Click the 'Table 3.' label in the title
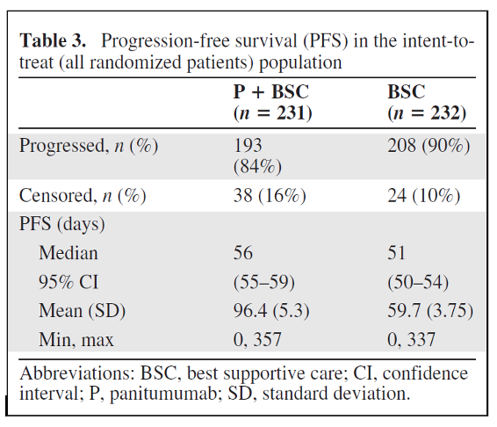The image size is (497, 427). tap(54, 41)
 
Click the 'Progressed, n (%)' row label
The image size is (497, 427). tap(89, 146)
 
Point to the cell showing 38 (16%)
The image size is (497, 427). tap(269, 195)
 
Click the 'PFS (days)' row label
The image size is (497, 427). tap(62, 224)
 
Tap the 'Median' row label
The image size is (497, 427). tap(68, 253)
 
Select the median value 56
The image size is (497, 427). tap(243, 253)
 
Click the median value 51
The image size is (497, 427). tap(397, 253)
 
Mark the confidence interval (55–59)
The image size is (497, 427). tap(264, 281)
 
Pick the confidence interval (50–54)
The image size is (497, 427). tap(419, 281)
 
